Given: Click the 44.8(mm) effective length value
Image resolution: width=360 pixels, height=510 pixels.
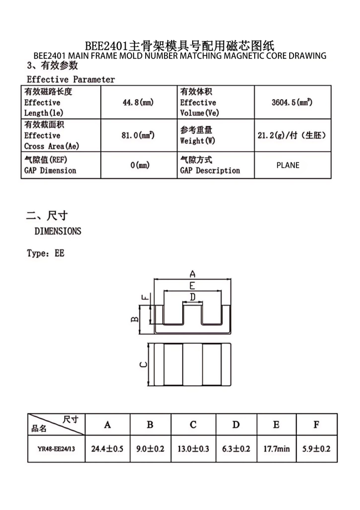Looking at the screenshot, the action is click(x=138, y=103).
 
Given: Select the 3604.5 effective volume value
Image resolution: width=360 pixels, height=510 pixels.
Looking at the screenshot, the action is click(x=292, y=103).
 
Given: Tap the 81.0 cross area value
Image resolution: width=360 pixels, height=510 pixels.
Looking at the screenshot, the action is click(x=138, y=135).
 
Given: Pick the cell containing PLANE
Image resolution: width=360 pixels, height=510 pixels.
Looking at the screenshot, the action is click(x=292, y=165).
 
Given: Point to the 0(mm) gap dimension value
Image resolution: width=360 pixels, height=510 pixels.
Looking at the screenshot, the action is click(x=140, y=165).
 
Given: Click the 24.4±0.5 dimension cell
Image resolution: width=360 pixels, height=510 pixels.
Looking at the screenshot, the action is click(x=107, y=449).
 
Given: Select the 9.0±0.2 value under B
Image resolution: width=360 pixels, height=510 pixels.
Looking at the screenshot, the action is click(x=150, y=449).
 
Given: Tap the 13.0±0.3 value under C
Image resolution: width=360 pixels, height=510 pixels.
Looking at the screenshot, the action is click(x=193, y=449).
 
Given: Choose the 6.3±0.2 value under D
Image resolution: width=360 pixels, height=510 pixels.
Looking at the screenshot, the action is click(x=236, y=449).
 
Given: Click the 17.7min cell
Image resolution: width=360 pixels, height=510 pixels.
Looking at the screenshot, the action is click(x=276, y=449).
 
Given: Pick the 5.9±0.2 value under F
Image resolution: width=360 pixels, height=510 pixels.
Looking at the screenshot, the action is click(x=316, y=449).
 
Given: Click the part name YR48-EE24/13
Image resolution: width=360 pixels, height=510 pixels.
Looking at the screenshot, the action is click(x=56, y=449).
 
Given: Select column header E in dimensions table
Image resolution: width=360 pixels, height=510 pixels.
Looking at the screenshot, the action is click(x=276, y=425).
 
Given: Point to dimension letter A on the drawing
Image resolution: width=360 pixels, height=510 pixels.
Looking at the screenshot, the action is click(x=193, y=274).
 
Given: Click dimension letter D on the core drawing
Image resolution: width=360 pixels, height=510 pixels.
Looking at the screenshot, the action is click(x=193, y=297).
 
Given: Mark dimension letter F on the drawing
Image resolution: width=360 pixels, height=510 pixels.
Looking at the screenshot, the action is click(x=145, y=297).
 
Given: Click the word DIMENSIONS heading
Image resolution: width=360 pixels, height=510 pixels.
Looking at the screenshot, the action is click(x=58, y=231).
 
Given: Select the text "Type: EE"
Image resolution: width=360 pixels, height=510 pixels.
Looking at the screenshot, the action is click(x=45, y=253).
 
